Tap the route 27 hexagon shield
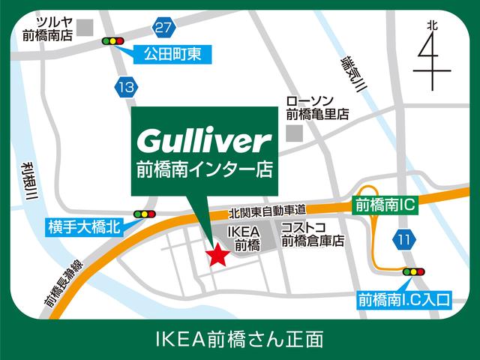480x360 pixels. pyautogui.click(x=163, y=28)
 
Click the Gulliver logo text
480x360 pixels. pyautogui.click(x=202, y=139)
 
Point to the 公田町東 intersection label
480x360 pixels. pyautogui.click(x=173, y=53)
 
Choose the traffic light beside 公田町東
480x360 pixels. pyautogui.click(x=113, y=41)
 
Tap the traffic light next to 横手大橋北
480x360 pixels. pyautogui.click(x=143, y=214)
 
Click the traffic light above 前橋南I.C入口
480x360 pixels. pyautogui.click(x=413, y=271)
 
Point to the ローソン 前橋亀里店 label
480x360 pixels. pyautogui.click(x=317, y=107)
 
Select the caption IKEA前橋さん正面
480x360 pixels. pyautogui.click(x=240, y=339)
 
